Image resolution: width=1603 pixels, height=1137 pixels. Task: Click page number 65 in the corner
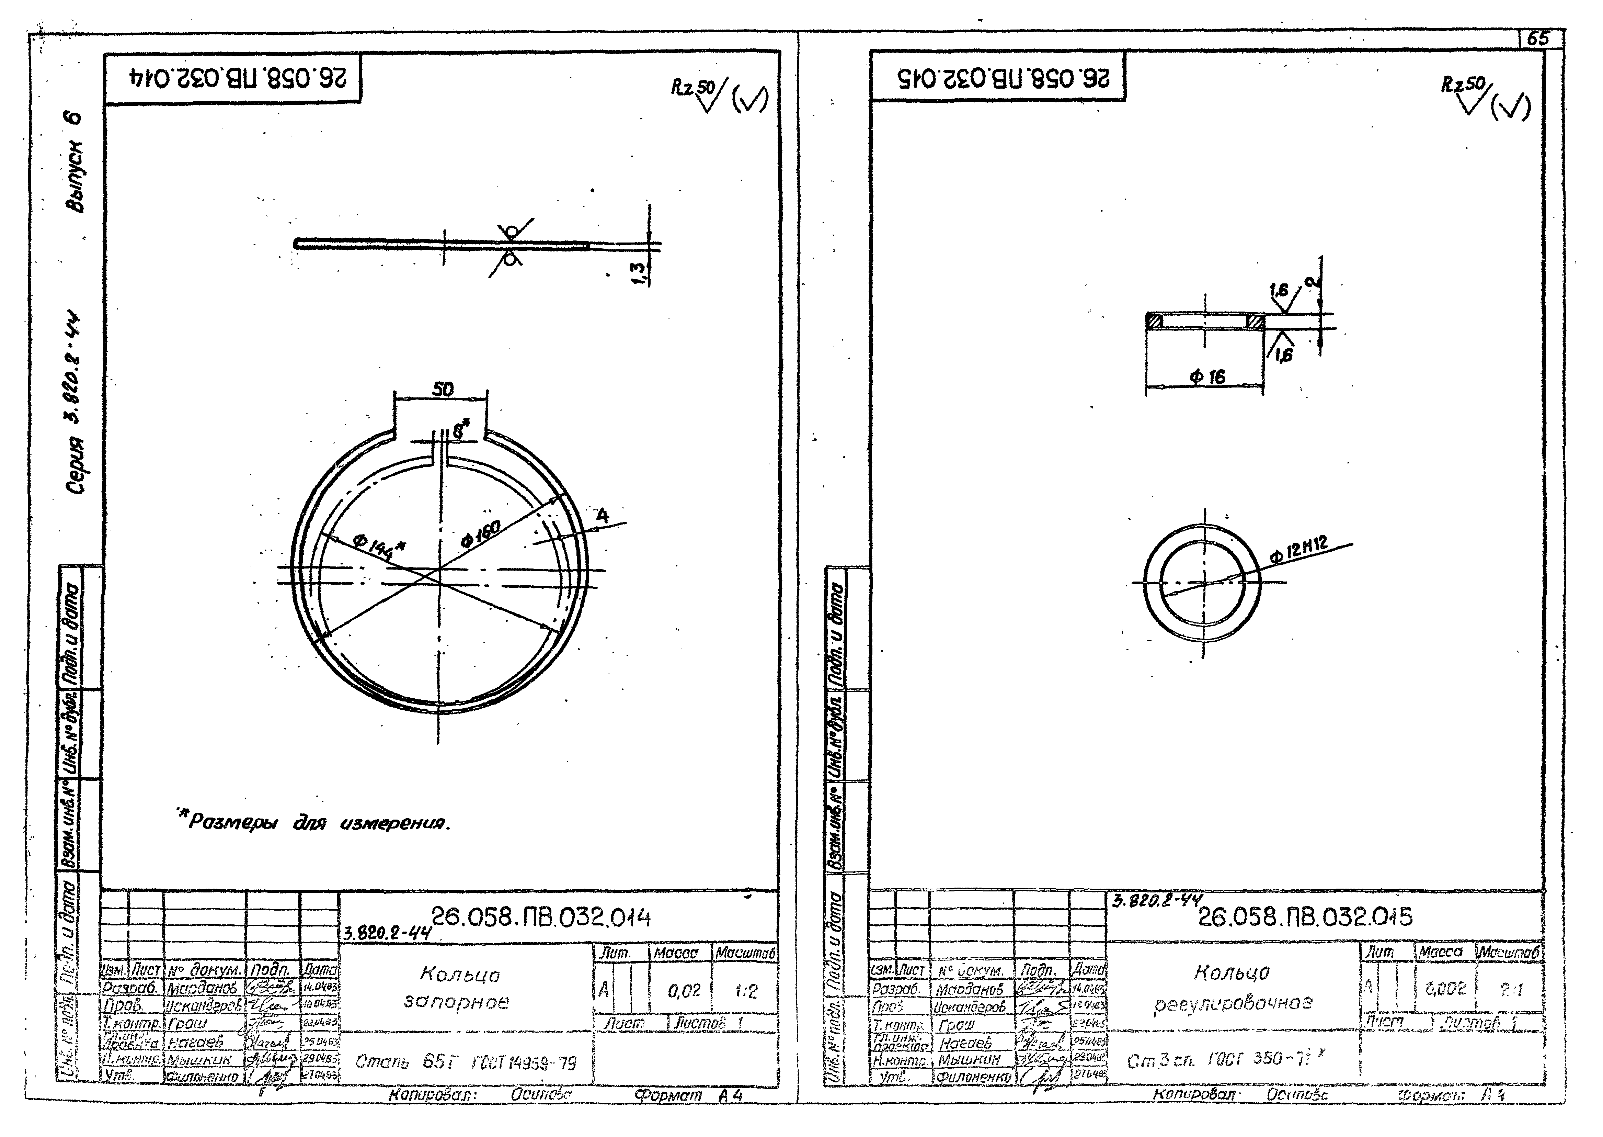[x=1538, y=39]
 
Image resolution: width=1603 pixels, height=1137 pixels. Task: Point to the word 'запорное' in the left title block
[x=456, y=1003]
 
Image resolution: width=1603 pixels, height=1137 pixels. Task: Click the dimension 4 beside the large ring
[x=602, y=516]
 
